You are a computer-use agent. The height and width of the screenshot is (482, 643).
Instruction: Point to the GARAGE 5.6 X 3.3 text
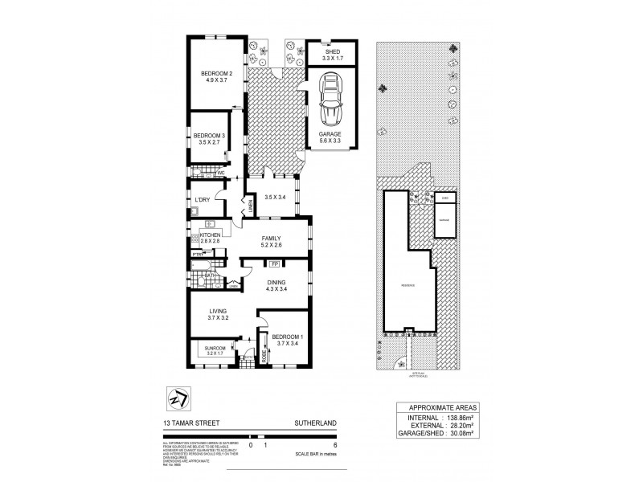[330, 137]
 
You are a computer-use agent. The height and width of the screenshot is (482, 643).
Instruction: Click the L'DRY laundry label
[202, 199]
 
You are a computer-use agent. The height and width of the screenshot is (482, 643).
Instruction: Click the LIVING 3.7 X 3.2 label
[218, 314]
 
